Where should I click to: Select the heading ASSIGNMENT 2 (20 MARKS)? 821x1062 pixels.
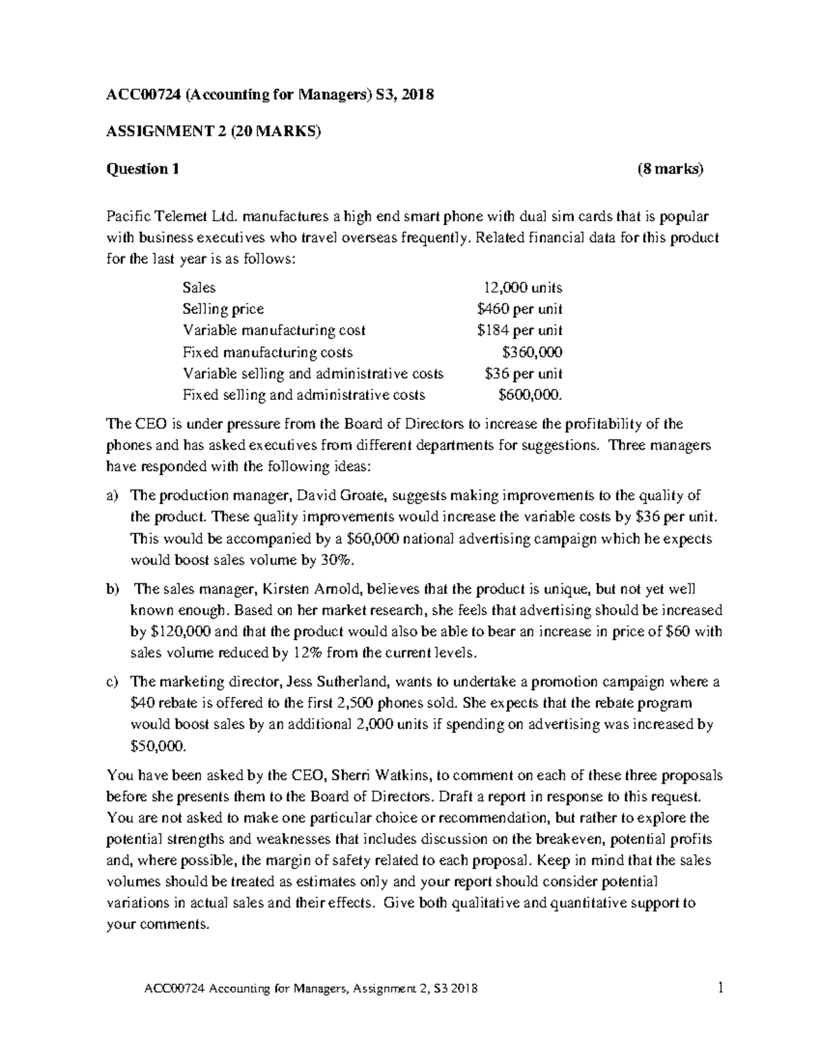coord(213,132)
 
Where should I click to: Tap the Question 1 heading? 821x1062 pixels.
coord(142,169)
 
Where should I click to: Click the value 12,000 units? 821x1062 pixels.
coord(523,287)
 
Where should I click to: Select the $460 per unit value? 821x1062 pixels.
coord(519,309)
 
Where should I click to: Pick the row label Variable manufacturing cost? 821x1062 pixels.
coord(274,330)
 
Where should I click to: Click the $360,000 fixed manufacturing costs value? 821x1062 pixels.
coord(532,352)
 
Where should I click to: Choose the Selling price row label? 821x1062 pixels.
coord(223,309)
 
